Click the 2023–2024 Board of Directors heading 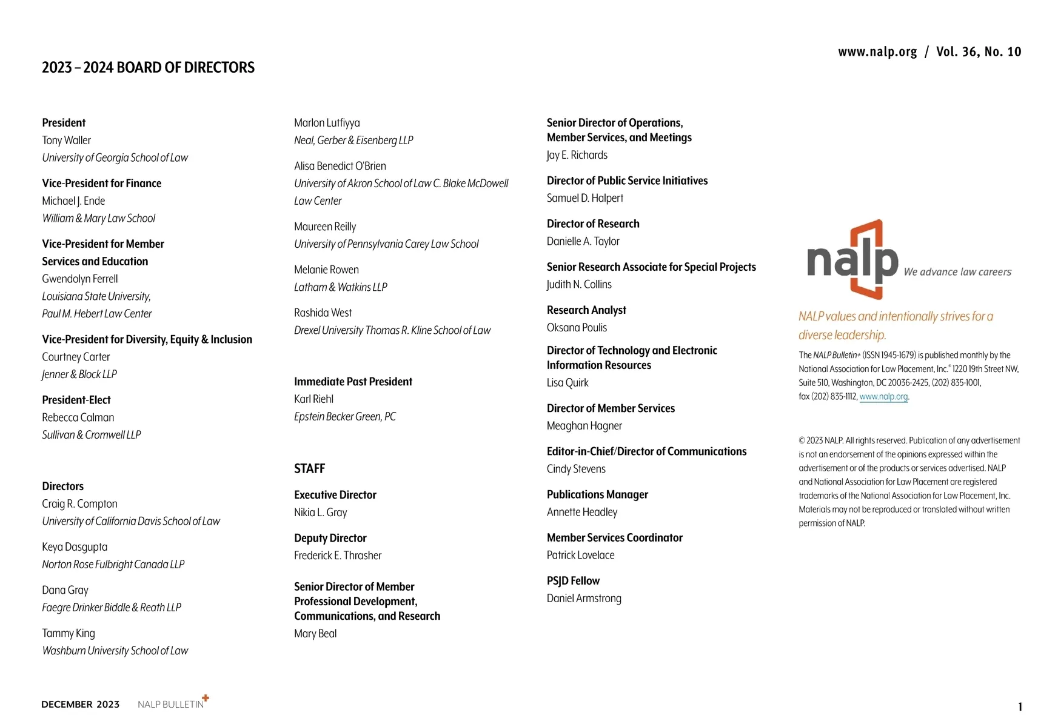pyautogui.click(x=148, y=67)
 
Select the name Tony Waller pyautogui.click(x=66, y=140)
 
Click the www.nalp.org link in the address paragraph pyautogui.click(x=883, y=397)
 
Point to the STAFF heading pyautogui.click(x=309, y=468)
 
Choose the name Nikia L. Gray pyautogui.click(x=320, y=513)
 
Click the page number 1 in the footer pyautogui.click(x=1020, y=706)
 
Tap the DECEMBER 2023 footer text pyautogui.click(x=80, y=704)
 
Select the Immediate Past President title pyautogui.click(x=353, y=382)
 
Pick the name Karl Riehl pyautogui.click(x=313, y=399)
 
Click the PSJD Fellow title pyautogui.click(x=573, y=581)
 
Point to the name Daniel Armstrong pyautogui.click(x=584, y=599)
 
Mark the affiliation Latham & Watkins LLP pyautogui.click(x=340, y=287)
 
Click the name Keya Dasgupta pyautogui.click(x=75, y=547)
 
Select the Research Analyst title pyautogui.click(x=586, y=310)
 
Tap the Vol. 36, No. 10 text pyautogui.click(x=978, y=51)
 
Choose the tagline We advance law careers pyautogui.click(x=957, y=272)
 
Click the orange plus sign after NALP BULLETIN pyautogui.click(x=206, y=698)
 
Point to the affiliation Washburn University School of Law pyautogui.click(x=115, y=651)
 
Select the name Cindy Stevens pyautogui.click(x=576, y=469)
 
